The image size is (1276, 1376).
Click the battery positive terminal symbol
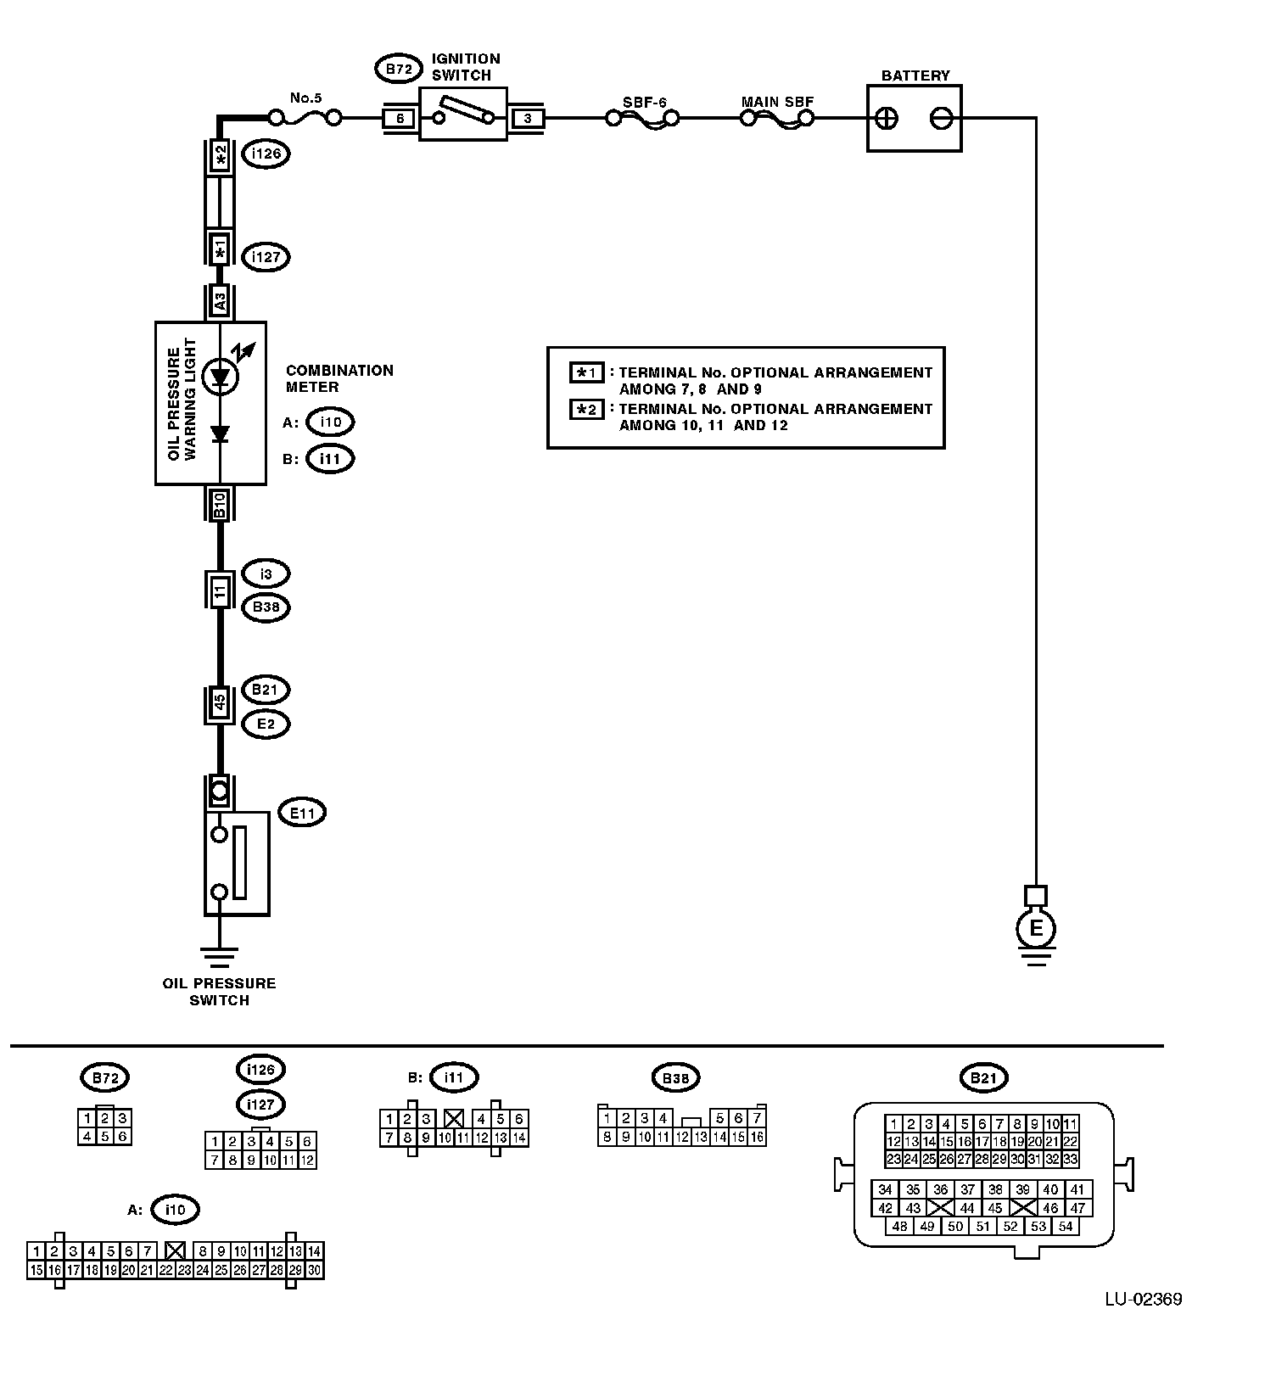[x=887, y=118]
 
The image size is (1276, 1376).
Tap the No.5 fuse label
[x=305, y=98]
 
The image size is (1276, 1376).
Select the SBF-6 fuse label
[x=644, y=103]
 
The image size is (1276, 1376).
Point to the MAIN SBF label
[x=777, y=102]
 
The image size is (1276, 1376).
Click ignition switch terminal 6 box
[x=400, y=119]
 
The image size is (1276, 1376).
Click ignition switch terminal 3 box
[x=527, y=119]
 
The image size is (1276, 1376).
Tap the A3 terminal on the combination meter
[x=220, y=301]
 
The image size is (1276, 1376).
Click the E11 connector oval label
[x=302, y=813]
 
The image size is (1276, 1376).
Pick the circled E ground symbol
[x=1036, y=928]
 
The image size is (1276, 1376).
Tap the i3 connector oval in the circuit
[x=266, y=574]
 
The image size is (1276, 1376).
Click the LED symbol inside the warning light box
[x=221, y=377]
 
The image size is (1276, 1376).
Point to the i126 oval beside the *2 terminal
[x=266, y=154]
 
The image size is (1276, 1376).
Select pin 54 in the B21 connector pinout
[x=1065, y=1226]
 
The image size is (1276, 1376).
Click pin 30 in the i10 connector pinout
[x=314, y=1270]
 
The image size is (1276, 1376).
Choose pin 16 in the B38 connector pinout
[x=757, y=1138]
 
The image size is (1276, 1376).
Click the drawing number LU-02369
[x=1143, y=1299]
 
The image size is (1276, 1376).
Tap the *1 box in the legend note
[x=586, y=372]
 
